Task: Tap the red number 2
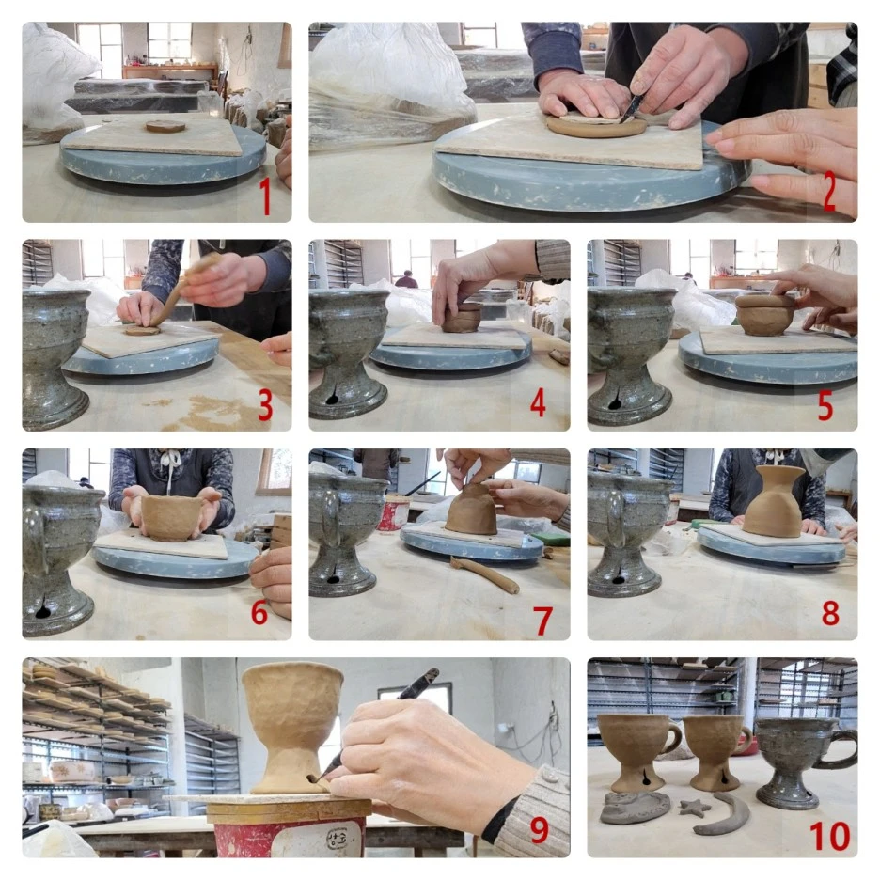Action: coord(829,191)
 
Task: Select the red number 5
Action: coord(825,405)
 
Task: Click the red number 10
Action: coord(829,835)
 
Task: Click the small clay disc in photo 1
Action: coord(165,126)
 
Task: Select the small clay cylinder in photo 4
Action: coord(462,318)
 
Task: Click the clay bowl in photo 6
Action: coord(169,517)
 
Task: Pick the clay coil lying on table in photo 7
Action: coord(484,574)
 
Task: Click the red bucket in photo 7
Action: coord(393,513)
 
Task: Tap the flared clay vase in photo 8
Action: coord(775,500)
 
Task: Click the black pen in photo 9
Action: coord(377,724)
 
